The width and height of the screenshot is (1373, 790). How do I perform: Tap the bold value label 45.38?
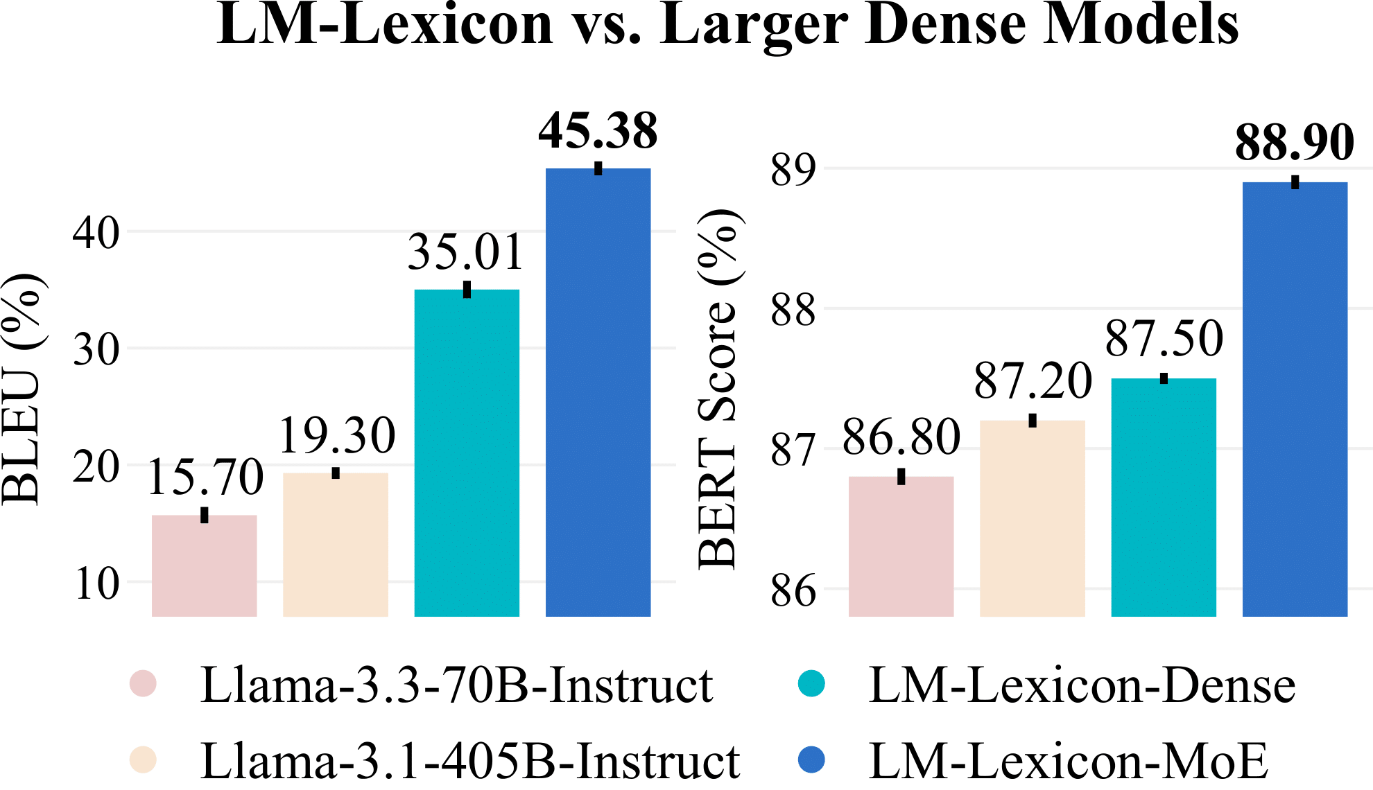coord(598,131)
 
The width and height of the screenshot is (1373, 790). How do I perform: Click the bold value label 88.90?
coord(1295,143)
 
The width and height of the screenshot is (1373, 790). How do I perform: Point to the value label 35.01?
coord(465,252)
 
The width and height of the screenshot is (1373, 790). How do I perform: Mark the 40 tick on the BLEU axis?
coord(96,233)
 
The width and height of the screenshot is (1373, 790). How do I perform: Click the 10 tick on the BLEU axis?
coord(96,583)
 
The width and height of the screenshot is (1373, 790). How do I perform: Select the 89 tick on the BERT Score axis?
coord(793,170)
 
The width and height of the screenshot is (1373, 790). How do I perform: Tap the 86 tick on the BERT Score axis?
coord(793,590)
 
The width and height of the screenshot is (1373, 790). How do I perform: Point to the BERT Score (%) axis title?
coord(718,388)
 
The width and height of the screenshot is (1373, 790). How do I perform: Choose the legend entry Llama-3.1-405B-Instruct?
coord(470,761)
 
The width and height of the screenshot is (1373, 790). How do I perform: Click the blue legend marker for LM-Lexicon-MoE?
coord(811,760)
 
